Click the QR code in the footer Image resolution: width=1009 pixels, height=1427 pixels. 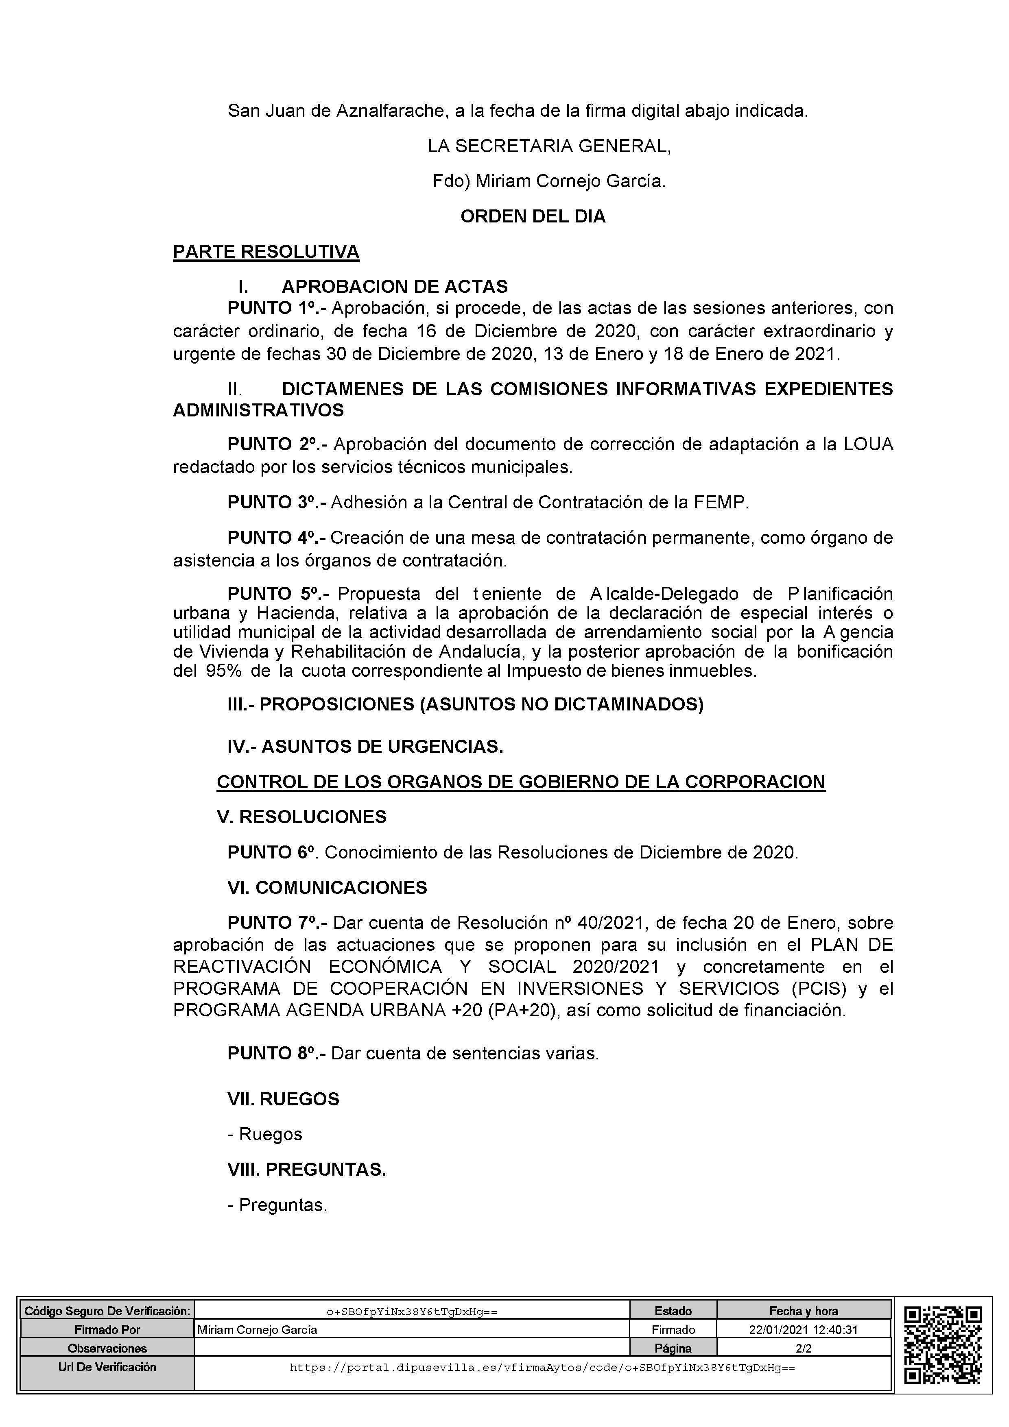(943, 1346)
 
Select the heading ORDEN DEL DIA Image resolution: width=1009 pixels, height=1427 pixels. (533, 216)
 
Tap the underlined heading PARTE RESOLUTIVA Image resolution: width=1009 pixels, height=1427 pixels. (266, 252)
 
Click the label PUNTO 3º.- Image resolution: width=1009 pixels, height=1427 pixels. (277, 502)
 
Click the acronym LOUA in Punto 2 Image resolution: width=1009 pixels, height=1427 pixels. (868, 444)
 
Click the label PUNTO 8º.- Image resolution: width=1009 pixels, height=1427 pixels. (277, 1053)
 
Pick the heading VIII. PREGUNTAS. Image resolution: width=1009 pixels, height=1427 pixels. (306, 1170)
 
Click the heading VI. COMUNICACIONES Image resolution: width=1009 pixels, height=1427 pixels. (327, 887)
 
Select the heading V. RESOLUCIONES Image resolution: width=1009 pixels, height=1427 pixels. (301, 817)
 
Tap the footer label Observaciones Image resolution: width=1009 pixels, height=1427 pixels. (107, 1348)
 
